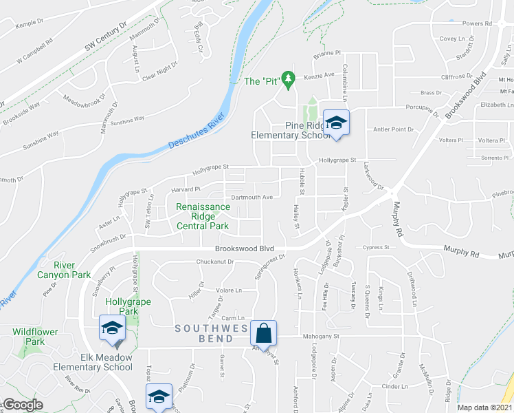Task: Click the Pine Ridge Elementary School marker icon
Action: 337,124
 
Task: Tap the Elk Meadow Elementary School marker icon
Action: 111,328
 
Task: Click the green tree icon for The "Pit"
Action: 289,80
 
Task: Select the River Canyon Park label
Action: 74,270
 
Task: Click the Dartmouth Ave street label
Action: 253,197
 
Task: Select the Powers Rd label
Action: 478,23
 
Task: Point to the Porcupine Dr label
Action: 421,108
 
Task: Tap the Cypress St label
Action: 377,247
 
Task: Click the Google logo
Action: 23,405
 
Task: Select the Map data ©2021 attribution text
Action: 485,407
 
